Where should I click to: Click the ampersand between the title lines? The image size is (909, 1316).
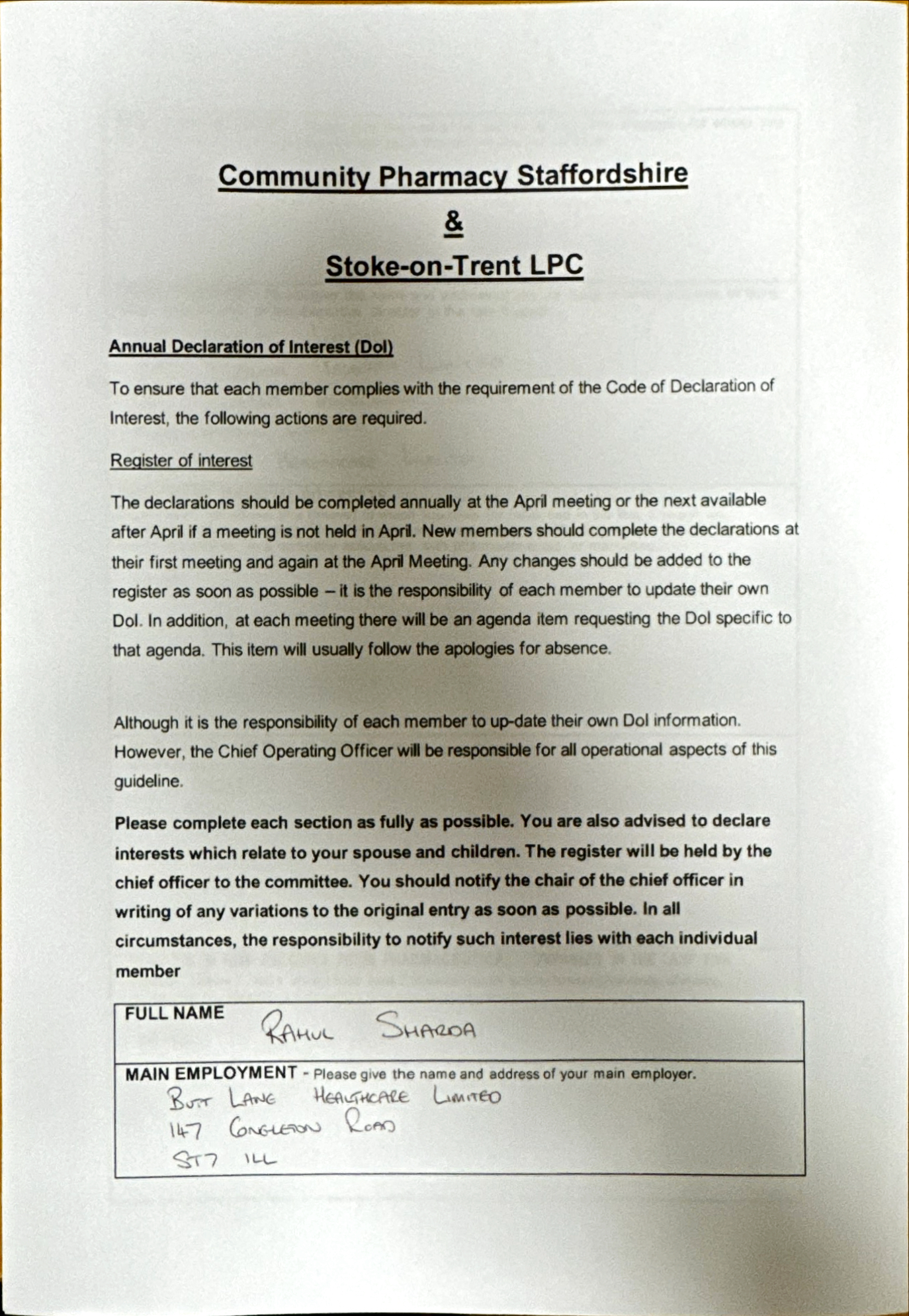(x=454, y=222)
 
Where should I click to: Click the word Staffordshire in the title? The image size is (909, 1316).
(x=602, y=175)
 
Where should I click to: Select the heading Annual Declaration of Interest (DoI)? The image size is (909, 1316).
(x=251, y=347)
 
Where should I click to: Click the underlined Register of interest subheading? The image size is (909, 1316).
(x=181, y=461)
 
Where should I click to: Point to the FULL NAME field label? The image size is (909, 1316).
(x=175, y=1013)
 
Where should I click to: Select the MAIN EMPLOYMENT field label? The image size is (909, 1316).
(x=211, y=1073)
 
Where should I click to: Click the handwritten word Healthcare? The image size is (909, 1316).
(x=361, y=1096)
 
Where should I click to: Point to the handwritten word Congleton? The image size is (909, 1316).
(x=275, y=1127)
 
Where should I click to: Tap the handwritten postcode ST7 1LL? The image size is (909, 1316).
(x=224, y=1159)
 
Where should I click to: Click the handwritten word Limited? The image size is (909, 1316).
(x=467, y=1096)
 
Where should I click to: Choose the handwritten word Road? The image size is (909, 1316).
(x=370, y=1124)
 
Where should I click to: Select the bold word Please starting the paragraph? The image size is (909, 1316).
(x=141, y=823)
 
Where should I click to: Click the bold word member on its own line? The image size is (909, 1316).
(x=148, y=971)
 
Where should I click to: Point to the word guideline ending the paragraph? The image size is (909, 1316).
(x=148, y=781)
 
